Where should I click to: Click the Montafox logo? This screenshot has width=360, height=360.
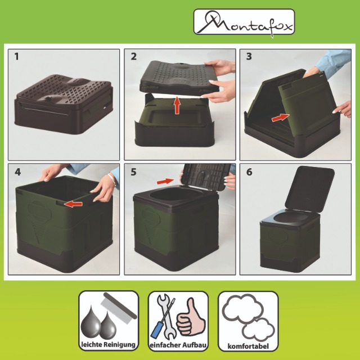[x=244, y=22]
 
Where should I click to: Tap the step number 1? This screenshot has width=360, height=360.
[x=16, y=56]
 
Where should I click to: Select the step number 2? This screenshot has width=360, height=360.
[x=134, y=56]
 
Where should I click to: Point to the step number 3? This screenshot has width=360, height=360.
[x=249, y=56]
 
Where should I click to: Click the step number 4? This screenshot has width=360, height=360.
[x=17, y=172]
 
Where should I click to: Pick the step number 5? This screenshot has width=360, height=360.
[x=134, y=172]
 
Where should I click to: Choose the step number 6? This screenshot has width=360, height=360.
[x=249, y=172]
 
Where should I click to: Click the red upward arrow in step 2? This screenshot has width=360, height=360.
[x=177, y=105]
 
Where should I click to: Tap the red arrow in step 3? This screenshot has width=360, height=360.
[x=280, y=118]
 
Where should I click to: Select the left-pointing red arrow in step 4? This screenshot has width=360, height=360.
[x=73, y=204]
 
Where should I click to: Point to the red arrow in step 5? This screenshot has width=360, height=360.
[x=165, y=181]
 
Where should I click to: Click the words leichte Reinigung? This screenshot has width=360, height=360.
[x=109, y=345]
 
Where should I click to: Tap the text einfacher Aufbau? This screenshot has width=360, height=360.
[x=178, y=345]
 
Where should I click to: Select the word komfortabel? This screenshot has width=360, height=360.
[x=248, y=346]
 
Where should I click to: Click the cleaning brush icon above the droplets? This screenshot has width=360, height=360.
[x=119, y=308]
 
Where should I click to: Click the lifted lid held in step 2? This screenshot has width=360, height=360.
[x=179, y=78]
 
